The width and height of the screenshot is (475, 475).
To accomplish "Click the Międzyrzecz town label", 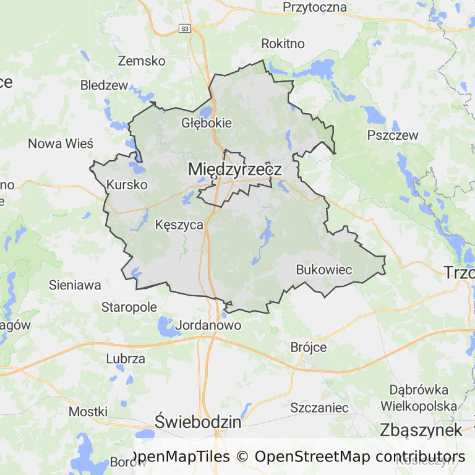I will click(235, 169).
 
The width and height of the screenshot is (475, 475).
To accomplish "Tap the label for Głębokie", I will click(207, 122).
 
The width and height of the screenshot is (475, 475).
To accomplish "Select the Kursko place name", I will click(127, 184).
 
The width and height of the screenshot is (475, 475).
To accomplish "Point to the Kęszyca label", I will click(179, 225).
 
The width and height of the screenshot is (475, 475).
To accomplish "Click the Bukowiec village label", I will click(324, 270).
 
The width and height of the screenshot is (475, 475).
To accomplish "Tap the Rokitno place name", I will click(283, 43).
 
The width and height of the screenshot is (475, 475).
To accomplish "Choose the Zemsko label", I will click(142, 61).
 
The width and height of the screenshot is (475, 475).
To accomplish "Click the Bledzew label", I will click(104, 85).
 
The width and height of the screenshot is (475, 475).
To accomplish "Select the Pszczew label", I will click(393, 135).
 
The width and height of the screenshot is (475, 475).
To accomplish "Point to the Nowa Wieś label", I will click(61, 143).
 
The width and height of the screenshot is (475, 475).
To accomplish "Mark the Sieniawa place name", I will click(75, 285).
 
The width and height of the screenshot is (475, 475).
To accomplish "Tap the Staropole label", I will click(129, 307).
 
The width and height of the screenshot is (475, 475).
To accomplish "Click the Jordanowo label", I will click(208, 325).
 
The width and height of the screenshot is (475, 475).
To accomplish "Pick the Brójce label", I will click(309, 347).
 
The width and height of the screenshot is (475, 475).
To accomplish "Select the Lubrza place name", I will click(126, 358).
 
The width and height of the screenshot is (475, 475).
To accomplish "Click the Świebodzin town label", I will click(198, 422).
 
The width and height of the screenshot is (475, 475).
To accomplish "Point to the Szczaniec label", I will click(320, 408).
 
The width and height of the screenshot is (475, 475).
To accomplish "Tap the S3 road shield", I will click(184, 28).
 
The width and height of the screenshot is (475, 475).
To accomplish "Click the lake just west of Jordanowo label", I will click(166, 326).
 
